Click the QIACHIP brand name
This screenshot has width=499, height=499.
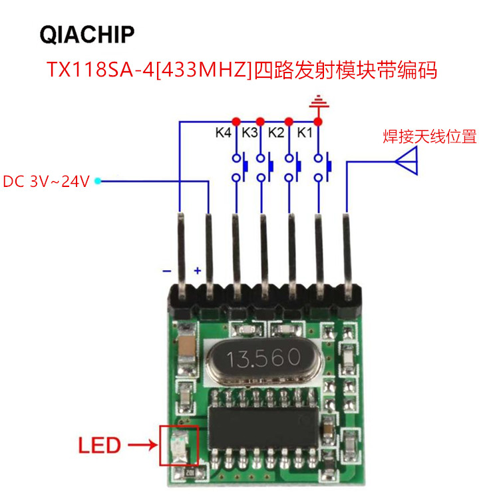pyautogui.click(x=87, y=34)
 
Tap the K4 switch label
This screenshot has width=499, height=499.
pyautogui.click(x=223, y=132)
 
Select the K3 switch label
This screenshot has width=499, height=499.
pyautogui.click(x=249, y=132)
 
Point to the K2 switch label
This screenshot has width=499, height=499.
pyautogui.click(x=276, y=132)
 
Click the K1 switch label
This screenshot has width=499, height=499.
pyautogui.click(x=304, y=132)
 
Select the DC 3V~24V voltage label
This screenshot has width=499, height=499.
pyautogui.click(x=46, y=182)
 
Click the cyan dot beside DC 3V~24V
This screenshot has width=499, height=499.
pyautogui.click(x=97, y=180)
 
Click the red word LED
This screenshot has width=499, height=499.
pyautogui.click(x=100, y=444)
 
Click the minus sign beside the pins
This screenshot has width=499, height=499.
pyautogui.click(x=167, y=271)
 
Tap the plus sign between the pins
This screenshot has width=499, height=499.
pyautogui.click(x=197, y=271)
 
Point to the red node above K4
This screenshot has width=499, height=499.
pyautogui.click(x=234, y=121)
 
